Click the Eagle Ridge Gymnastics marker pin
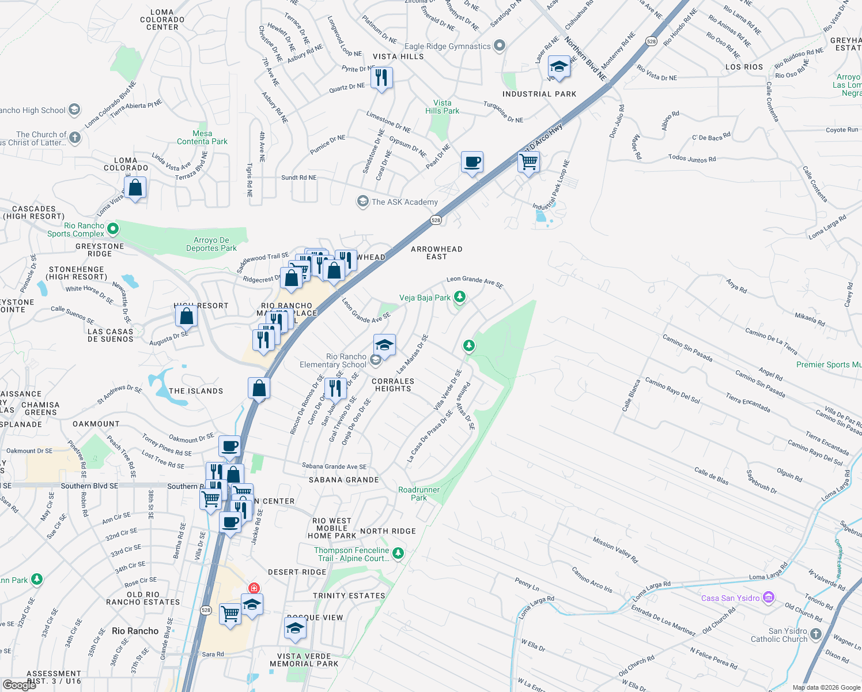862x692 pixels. [x=500, y=46]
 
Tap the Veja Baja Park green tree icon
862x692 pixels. [x=459, y=297]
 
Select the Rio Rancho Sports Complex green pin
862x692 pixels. [x=113, y=229]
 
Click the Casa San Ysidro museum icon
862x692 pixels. [x=768, y=597]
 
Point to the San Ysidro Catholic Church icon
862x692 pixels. [x=815, y=634]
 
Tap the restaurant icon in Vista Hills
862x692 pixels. [x=381, y=77]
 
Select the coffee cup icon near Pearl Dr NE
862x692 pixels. [x=472, y=163]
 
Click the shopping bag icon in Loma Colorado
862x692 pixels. [x=135, y=188]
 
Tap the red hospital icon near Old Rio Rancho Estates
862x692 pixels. [x=254, y=588]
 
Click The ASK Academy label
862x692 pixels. [x=404, y=202]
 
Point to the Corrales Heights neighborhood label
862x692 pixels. [x=393, y=385]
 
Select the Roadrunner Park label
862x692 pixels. [x=419, y=494]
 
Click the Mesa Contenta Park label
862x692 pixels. [x=202, y=137]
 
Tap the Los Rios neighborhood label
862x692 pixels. [x=744, y=67]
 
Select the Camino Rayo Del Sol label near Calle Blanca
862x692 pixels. [x=672, y=390]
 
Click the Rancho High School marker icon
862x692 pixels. [x=74, y=110]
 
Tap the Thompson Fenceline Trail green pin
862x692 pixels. [x=398, y=554]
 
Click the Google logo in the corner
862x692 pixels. [x=20, y=685]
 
